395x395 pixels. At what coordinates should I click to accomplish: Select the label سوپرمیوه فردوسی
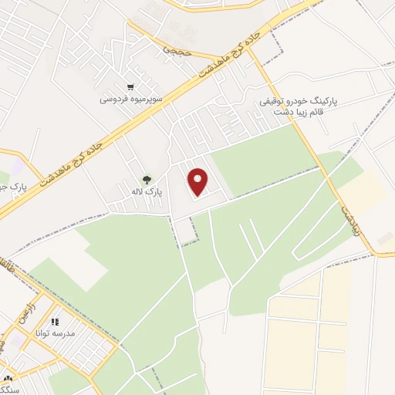pyautogui.click(x=130, y=99)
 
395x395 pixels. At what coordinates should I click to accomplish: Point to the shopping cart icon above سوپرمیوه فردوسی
pyautogui.click(x=130, y=87)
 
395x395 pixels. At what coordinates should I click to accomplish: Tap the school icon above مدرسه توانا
pyautogui.click(x=54, y=322)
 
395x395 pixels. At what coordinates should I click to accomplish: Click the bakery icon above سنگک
pyautogui.click(x=8, y=378)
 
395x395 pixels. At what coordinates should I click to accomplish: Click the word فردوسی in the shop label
pyautogui.click(x=113, y=99)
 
